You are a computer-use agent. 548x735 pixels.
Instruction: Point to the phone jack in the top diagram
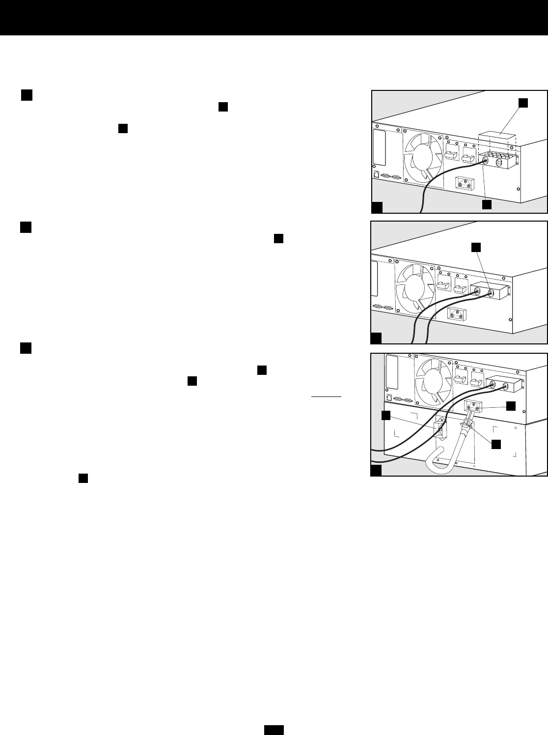[376, 173]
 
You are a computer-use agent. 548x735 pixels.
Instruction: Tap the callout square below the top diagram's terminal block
[487, 205]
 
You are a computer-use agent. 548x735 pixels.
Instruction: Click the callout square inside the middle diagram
[475, 248]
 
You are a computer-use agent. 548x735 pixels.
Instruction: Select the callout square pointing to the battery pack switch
[386, 416]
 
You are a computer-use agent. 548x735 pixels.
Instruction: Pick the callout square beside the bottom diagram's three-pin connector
[511, 405]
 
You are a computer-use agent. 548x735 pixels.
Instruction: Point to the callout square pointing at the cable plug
[496, 444]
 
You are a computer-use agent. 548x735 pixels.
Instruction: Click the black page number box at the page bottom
[274, 730]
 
